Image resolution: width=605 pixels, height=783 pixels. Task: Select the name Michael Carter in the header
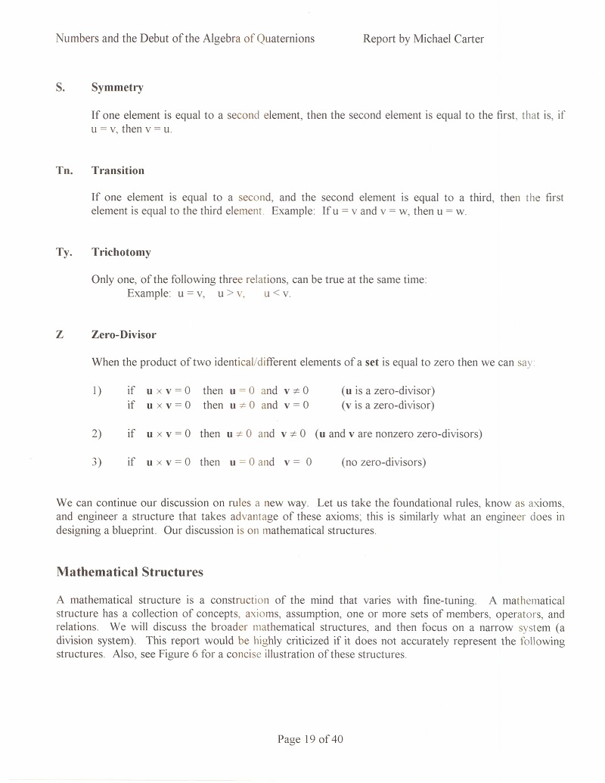pos(448,38)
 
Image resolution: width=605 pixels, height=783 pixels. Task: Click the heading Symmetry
pos(117,87)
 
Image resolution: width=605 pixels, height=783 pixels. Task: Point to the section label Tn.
pos(64,170)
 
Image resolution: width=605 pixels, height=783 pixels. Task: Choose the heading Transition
pos(118,170)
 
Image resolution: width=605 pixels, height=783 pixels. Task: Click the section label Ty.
pos(64,252)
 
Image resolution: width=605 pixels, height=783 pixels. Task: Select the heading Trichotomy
pos(121,252)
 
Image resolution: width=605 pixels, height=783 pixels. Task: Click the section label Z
pos(60,334)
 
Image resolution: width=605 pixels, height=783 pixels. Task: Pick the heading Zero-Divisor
pos(124,334)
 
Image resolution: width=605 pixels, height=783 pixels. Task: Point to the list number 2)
pos(96,433)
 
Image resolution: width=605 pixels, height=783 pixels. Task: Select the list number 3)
pos(96,461)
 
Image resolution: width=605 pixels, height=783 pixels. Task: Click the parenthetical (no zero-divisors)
pos(383,461)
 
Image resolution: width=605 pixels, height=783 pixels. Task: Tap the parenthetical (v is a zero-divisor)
pos(388,405)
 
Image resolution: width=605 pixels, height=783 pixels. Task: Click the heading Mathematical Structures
pos(130,571)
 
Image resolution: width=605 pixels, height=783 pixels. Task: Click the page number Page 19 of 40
pos(310,739)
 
